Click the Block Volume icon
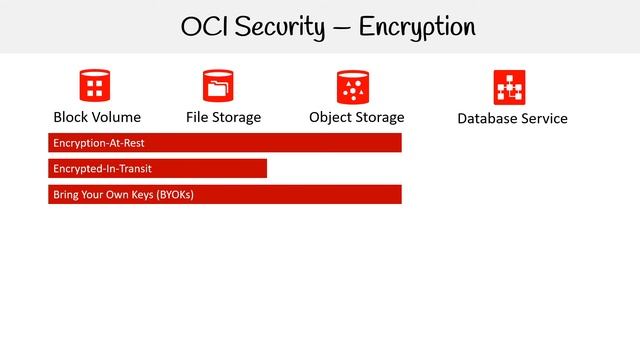pos(95,85)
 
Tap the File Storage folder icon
pos(217,85)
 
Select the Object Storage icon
pos(353,86)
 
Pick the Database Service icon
pos(510,87)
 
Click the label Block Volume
pos(97,117)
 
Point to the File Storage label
pos(223,117)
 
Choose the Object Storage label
pos(357,117)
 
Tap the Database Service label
pos(512,118)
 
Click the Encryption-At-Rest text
pos(93,143)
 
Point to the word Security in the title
pos(275,27)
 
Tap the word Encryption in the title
pos(417,27)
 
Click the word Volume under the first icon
pos(117,117)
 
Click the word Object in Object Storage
pos(331,117)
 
